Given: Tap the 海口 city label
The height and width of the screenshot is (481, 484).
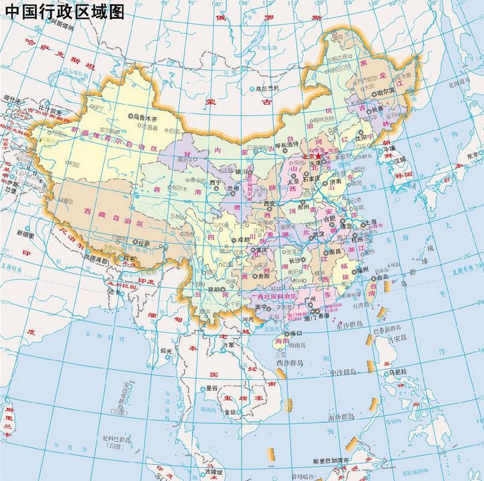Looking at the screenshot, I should (294, 333).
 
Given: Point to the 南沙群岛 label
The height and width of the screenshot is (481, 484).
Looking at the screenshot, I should (340, 417).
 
